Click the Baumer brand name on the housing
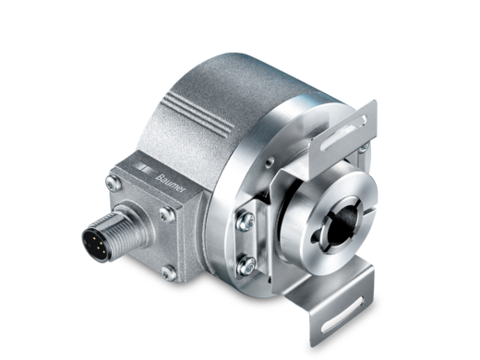(x=171, y=184)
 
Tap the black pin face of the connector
(x=95, y=245)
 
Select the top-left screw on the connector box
(x=113, y=183)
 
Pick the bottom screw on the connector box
(x=169, y=272)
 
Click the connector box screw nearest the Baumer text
(x=166, y=214)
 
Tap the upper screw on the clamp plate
(x=246, y=221)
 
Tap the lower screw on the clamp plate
(x=246, y=265)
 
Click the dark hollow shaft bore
(x=342, y=223)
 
